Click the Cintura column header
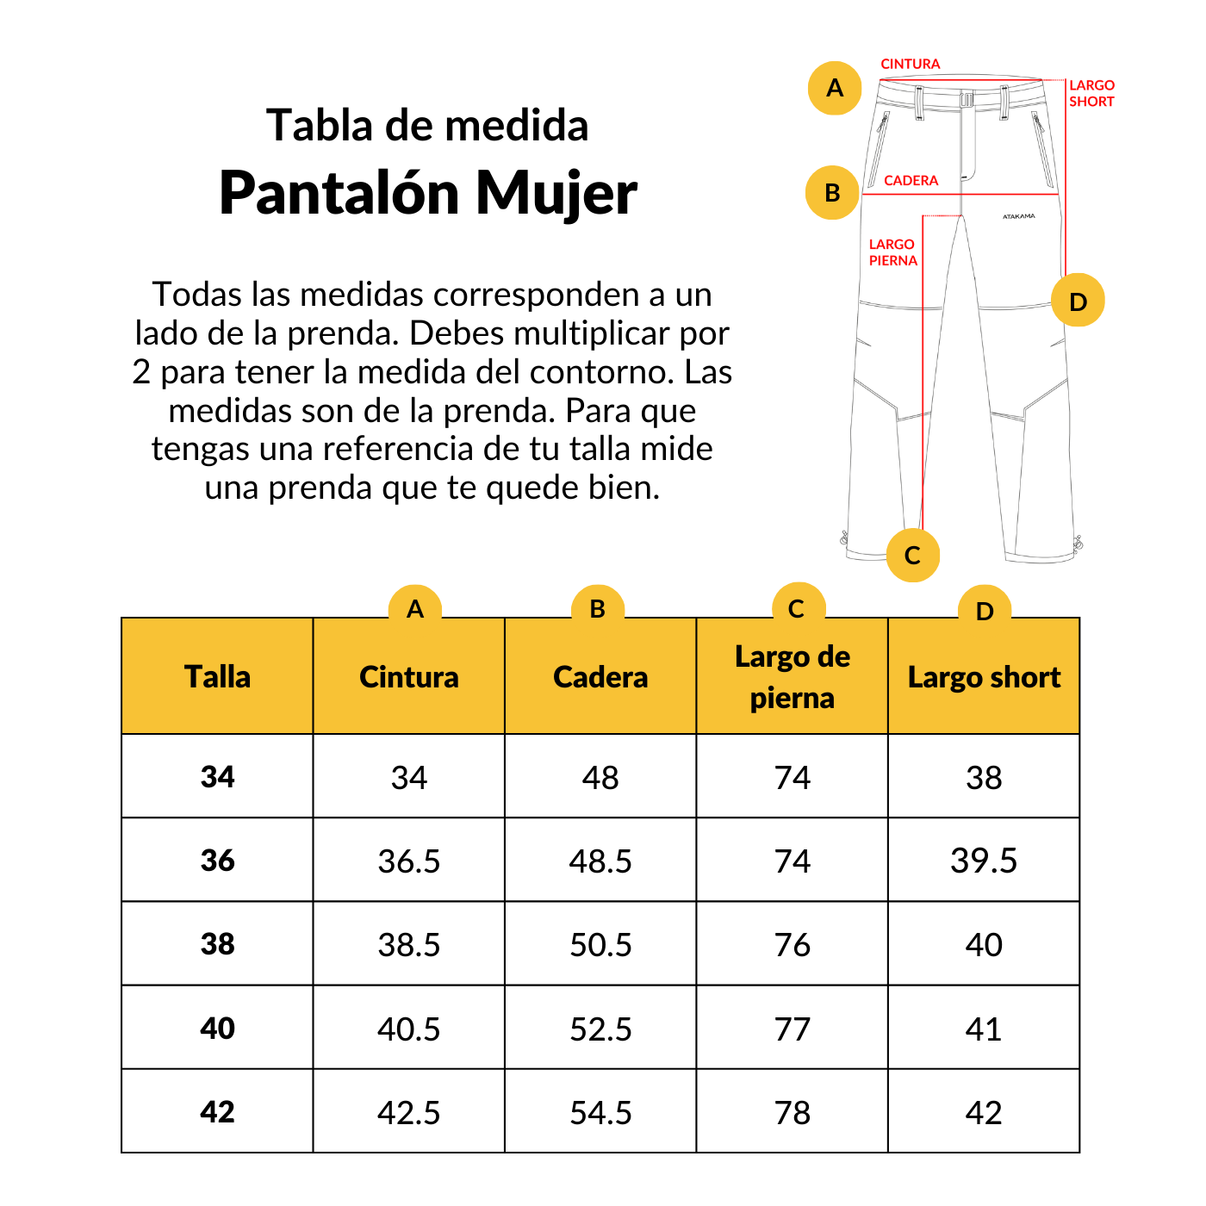pyautogui.click(x=408, y=677)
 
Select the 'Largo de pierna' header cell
pyautogui.click(x=792, y=677)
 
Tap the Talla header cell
pyautogui.click(x=217, y=677)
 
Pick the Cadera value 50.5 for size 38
pyautogui.click(x=600, y=945)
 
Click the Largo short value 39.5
pyautogui.click(x=984, y=861)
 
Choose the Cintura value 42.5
pyautogui.click(x=408, y=1113)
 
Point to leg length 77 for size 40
pyautogui.click(x=792, y=1029)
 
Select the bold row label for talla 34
pyautogui.click(x=217, y=777)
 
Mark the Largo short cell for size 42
pyautogui.click(x=984, y=1113)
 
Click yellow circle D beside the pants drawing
pyautogui.click(x=1078, y=301)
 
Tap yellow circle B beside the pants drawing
pyautogui.click(x=832, y=192)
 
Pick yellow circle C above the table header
pyautogui.click(x=798, y=608)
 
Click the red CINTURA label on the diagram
pyautogui.click(x=910, y=64)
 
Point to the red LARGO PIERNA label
pyautogui.click(x=892, y=252)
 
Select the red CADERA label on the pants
pyautogui.click(x=911, y=181)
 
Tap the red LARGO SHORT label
pyautogui.click(x=1091, y=93)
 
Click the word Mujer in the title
pyautogui.click(x=556, y=193)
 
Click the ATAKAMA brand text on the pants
pyautogui.click(x=1019, y=216)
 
